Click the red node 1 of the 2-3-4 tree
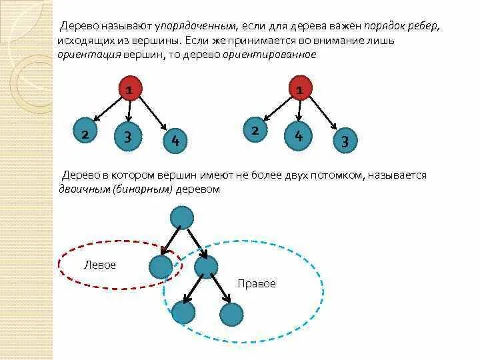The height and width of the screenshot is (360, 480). coord(131,88)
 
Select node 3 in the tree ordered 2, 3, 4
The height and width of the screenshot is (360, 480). coord(127,137)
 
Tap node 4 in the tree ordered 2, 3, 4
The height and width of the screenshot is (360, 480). coord(175,140)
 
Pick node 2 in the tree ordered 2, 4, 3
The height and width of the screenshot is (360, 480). coord(255,131)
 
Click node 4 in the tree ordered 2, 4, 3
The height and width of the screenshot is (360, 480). coord(299,136)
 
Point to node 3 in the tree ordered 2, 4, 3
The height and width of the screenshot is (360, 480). coord(345,141)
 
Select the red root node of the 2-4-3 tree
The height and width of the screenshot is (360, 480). coord(301,88)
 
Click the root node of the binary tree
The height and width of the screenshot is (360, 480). coord(182,217)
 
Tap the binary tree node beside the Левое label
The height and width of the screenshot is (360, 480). coord(161,267)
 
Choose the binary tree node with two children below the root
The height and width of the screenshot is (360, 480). coord(205,267)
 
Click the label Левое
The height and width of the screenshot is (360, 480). coord(100,265)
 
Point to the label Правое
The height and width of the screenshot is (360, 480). coord(256,284)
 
